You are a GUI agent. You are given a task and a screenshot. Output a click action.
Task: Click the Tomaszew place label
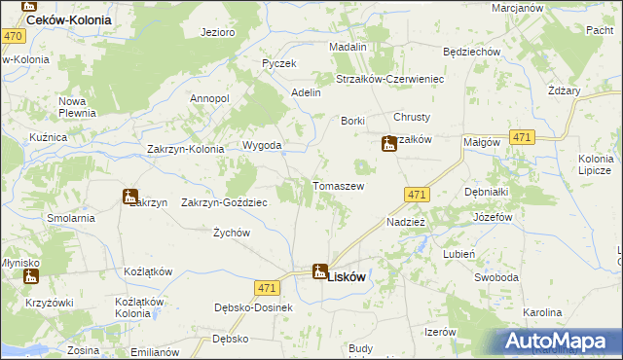338,186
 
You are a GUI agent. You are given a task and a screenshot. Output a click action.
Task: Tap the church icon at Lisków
319,271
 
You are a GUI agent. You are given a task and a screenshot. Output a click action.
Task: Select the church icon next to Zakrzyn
129,197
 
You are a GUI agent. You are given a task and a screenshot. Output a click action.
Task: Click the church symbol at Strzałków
388,144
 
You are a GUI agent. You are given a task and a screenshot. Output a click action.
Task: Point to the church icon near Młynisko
29,276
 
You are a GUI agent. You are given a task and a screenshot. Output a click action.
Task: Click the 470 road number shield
13,36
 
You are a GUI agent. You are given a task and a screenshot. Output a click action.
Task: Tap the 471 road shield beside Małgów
521,139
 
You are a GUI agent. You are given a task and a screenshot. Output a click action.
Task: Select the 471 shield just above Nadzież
417,195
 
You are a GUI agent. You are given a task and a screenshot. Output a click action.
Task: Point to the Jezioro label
218,32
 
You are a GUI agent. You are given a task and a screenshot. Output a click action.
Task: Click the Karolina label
542,312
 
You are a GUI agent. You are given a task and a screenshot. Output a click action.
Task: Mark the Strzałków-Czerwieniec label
389,79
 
